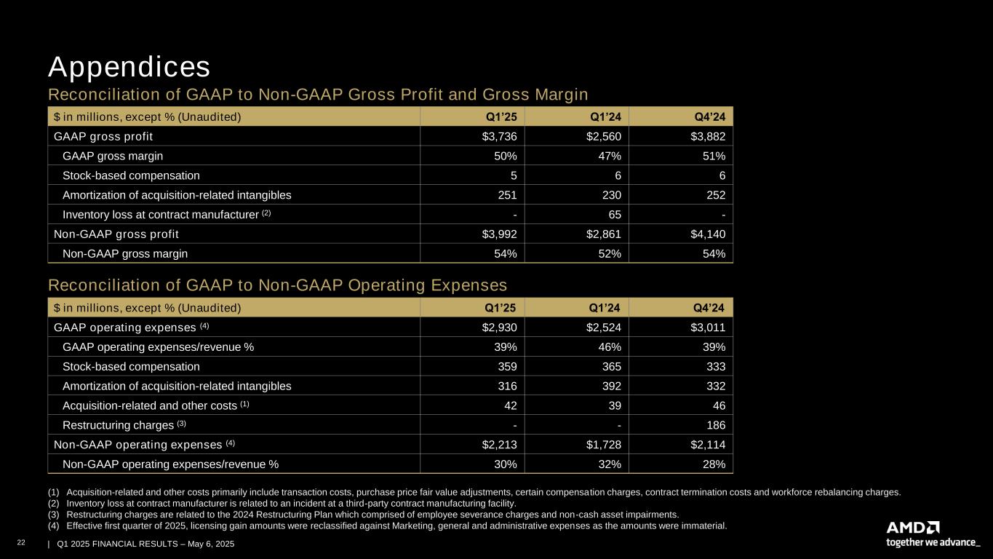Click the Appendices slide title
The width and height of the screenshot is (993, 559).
129,67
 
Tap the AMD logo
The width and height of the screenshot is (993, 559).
913,527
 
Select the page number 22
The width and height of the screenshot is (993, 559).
30,544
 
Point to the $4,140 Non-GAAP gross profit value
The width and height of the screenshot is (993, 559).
706,234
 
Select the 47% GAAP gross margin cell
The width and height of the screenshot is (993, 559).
608,156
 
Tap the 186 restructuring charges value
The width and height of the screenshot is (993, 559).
714,425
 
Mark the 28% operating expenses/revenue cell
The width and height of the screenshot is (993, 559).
712,464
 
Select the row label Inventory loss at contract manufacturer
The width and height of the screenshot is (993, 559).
162,215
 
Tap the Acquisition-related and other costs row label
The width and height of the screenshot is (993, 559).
151,405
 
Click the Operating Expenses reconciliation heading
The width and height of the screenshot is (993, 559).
277,284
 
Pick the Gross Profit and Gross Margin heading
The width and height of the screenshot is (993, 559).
318,95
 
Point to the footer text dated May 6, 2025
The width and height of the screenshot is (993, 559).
145,544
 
